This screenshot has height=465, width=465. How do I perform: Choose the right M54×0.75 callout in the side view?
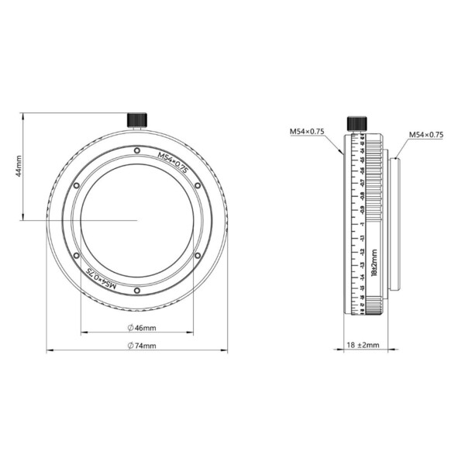[x=425, y=134]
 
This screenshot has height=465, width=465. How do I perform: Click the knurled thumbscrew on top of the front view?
[x=137, y=119]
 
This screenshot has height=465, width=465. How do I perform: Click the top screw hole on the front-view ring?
[x=137, y=150]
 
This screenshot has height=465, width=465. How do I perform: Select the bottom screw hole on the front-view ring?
[x=137, y=291]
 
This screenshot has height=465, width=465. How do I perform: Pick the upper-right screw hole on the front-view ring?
[x=198, y=185]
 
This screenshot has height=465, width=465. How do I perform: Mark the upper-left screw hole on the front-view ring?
[x=76, y=185]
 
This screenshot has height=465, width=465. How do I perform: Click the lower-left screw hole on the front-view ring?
[x=76, y=255]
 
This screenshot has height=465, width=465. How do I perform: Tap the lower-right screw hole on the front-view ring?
[x=198, y=255]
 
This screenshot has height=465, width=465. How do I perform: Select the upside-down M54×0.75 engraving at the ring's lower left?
[x=101, y=277]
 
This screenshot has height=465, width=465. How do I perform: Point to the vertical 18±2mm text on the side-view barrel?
[x=374, y=262]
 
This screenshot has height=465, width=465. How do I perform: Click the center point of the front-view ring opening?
[x=137, y=220]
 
